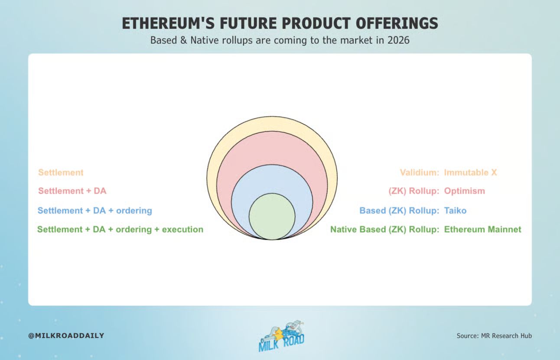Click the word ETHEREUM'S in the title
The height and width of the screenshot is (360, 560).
coord(168,23)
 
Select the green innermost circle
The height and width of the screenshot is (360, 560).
coord(272,217)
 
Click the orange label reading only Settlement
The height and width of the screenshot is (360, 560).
coord(61,172)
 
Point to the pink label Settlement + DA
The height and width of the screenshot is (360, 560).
coord(72,191)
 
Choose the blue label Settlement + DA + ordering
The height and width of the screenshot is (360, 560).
coord(95,211)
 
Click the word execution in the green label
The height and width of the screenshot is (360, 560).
coord(183,229)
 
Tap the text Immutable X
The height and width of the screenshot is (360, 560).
coord(471,172)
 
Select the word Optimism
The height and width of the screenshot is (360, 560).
coord(465,191)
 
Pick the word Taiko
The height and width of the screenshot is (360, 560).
coord(455,211)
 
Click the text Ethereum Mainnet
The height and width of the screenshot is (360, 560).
coord(482,229)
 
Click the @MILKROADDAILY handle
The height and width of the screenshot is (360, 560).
coord(66,335)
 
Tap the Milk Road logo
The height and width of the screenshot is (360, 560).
coord(281,336)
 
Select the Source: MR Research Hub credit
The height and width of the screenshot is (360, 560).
coord(494,336)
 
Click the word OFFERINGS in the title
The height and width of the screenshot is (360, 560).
coord(397,23)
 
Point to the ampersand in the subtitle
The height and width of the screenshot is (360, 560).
coord(183,40)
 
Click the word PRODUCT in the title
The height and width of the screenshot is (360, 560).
coord(316,23)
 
